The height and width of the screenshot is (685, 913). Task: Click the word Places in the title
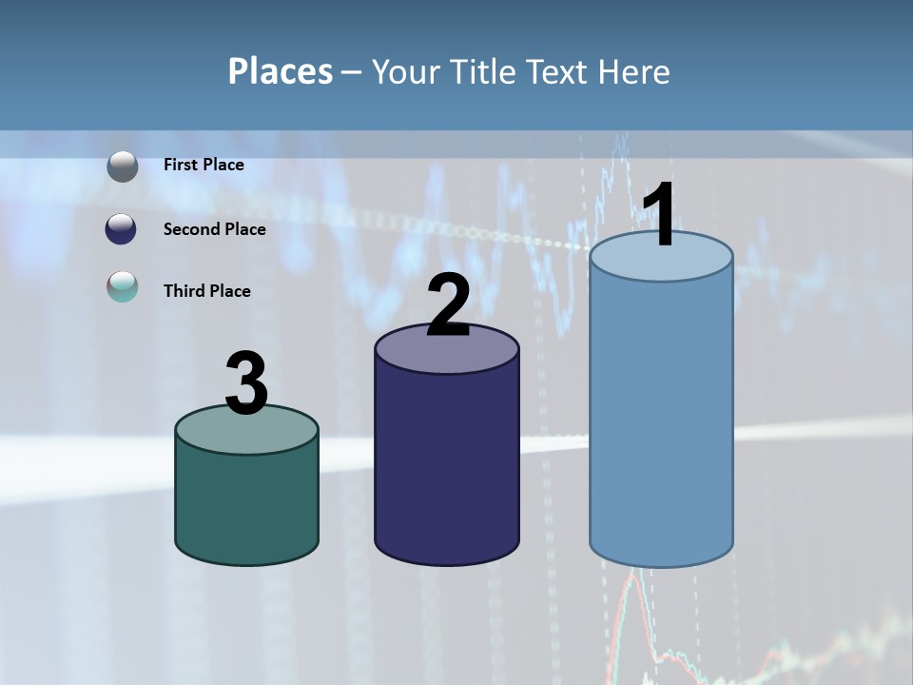tap(281, 71)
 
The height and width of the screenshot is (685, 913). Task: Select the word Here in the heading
tap(636, 71)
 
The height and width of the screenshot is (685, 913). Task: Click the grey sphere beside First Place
tap(123, 166)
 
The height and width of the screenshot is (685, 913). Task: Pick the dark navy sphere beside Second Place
tap(123, 229)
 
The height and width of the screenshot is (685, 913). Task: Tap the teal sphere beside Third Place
tap(123, 286)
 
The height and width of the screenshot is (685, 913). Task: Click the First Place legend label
tap(204, 165)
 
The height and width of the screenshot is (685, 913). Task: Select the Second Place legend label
tap(214, 229)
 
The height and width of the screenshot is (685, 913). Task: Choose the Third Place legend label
tap(207, 291)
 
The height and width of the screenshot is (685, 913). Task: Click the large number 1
tap(660, 216)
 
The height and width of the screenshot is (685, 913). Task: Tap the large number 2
tap(449, 304)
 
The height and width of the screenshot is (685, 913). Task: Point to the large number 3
tap(246, 383)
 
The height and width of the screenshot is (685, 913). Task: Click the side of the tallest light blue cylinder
tap(661, 419)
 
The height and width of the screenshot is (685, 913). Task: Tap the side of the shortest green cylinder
tap(246, 504)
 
